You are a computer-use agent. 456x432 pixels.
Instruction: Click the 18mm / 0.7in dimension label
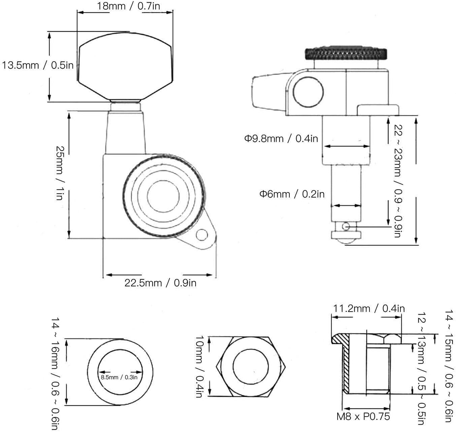[128, 6]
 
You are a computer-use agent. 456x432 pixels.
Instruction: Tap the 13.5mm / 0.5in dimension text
[38, 65]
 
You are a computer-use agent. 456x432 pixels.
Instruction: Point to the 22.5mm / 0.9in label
[160, 283]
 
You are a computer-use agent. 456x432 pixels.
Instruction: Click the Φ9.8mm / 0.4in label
[281, 139]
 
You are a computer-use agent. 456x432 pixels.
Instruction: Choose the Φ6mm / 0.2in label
[292, 194]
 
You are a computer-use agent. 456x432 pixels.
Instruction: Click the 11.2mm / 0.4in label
[369, 309]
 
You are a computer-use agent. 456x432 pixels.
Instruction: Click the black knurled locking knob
[346, 53]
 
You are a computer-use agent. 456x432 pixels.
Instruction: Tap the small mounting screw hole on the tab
[202, 235]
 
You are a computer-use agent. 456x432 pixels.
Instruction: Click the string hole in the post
[346, 226]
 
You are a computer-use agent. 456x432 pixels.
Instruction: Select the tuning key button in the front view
[125, 66]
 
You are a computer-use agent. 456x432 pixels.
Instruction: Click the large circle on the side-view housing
[308, 92]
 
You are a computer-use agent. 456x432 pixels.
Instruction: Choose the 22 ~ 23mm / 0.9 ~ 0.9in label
[398, 181]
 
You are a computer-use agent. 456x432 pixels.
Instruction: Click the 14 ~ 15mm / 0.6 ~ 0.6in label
[449, 365]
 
